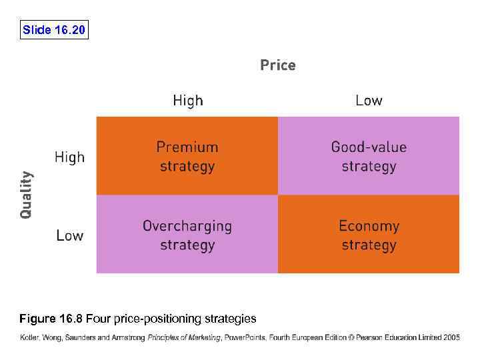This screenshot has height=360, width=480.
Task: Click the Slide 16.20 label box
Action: (x=54, y=30)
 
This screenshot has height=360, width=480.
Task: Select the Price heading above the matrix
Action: (x=277, y=65)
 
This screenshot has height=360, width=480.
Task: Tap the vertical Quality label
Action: (x=25, y=195)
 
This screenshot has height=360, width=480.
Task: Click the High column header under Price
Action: (x=187, y=101)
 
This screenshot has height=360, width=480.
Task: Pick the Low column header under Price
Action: (x=369, y=101)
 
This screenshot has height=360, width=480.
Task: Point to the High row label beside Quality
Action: (x=69, y=157)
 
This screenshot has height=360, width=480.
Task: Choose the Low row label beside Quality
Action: (x=69, y=235)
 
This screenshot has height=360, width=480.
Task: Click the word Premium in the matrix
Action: (x=187, y=147)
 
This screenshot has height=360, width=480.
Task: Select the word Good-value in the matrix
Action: (x=369, y=147)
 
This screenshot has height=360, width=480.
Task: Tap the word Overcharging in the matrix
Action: (x=187, y=225)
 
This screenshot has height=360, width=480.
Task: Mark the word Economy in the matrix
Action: (x=369, y=225)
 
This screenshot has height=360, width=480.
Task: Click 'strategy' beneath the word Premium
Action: (x=187, y=166)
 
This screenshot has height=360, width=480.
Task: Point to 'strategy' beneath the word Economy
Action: (x=369, y=245)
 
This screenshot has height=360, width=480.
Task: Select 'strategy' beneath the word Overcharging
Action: (x=187, y=245)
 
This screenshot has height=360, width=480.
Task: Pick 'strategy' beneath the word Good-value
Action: (x=369, y=166)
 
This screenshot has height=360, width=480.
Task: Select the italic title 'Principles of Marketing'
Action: (x=184, y=337)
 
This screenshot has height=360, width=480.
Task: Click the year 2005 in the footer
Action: (x=451, y=337)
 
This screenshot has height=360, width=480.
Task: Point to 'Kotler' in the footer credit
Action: (x=29, y=337)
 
